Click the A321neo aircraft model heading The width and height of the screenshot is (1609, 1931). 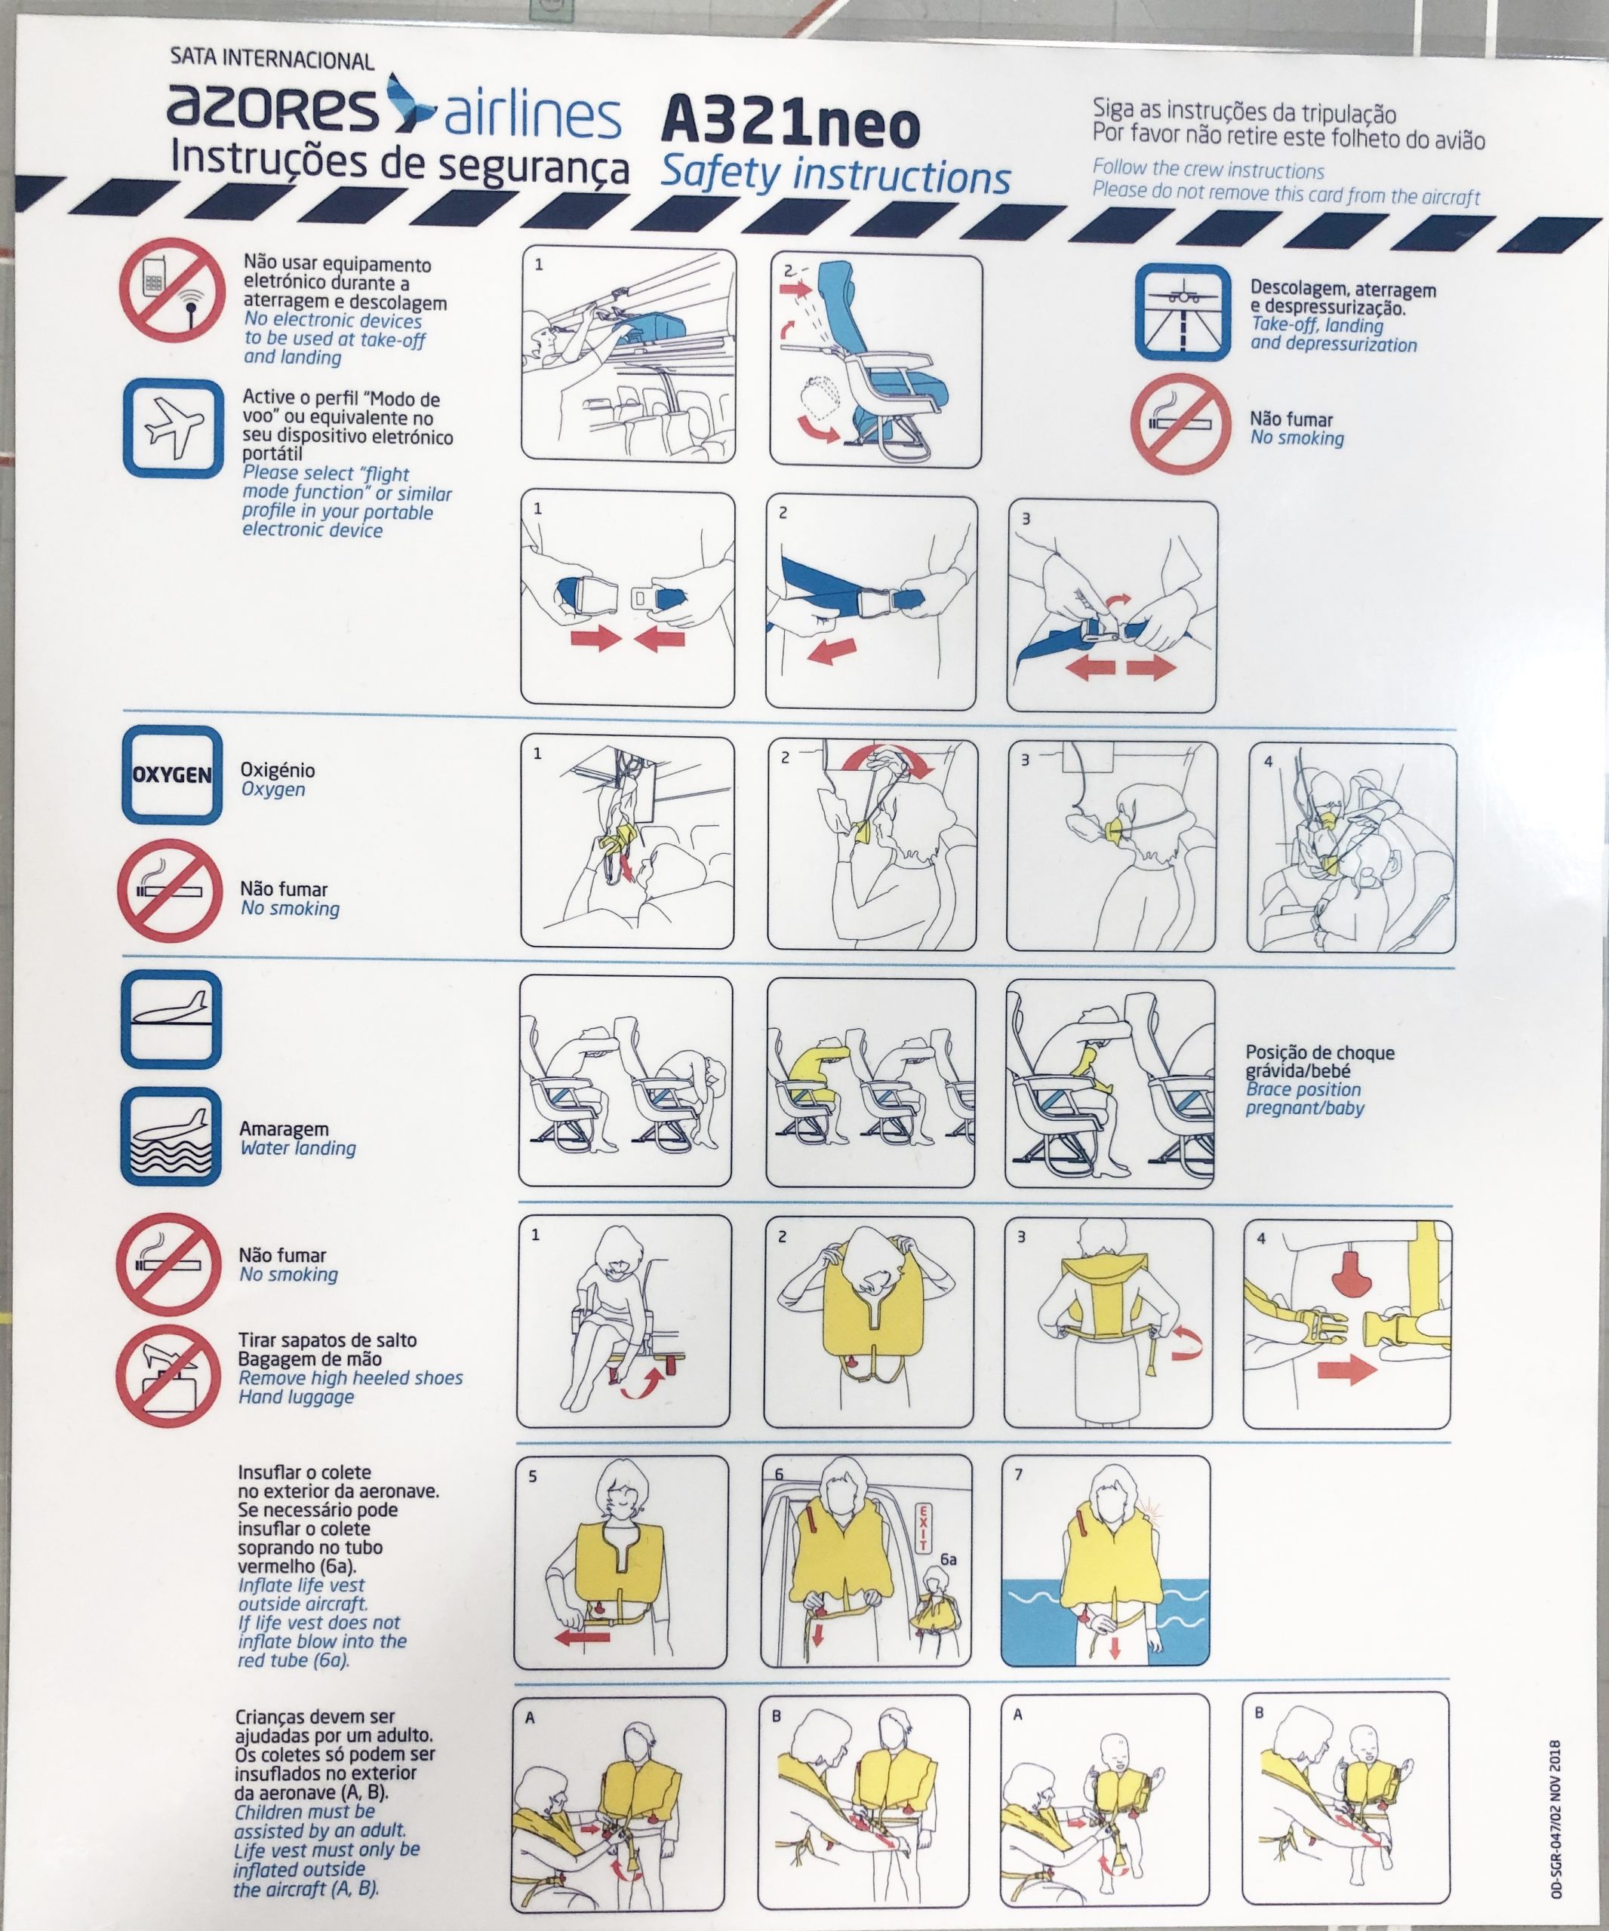pos(790,126)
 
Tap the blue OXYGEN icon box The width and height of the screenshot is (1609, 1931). pos(172,774)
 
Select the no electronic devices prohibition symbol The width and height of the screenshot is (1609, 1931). pos(172,290)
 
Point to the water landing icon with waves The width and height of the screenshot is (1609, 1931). pos(171,1137)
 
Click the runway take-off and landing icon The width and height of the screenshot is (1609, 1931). pos(1182,312)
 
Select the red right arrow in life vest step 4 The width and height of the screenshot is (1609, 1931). pos(1347,1369)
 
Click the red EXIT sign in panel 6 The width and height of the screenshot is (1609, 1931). pos(924,1527)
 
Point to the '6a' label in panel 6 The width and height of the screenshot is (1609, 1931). pos(948,1558)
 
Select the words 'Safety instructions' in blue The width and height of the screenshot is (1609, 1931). pos(835,176)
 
